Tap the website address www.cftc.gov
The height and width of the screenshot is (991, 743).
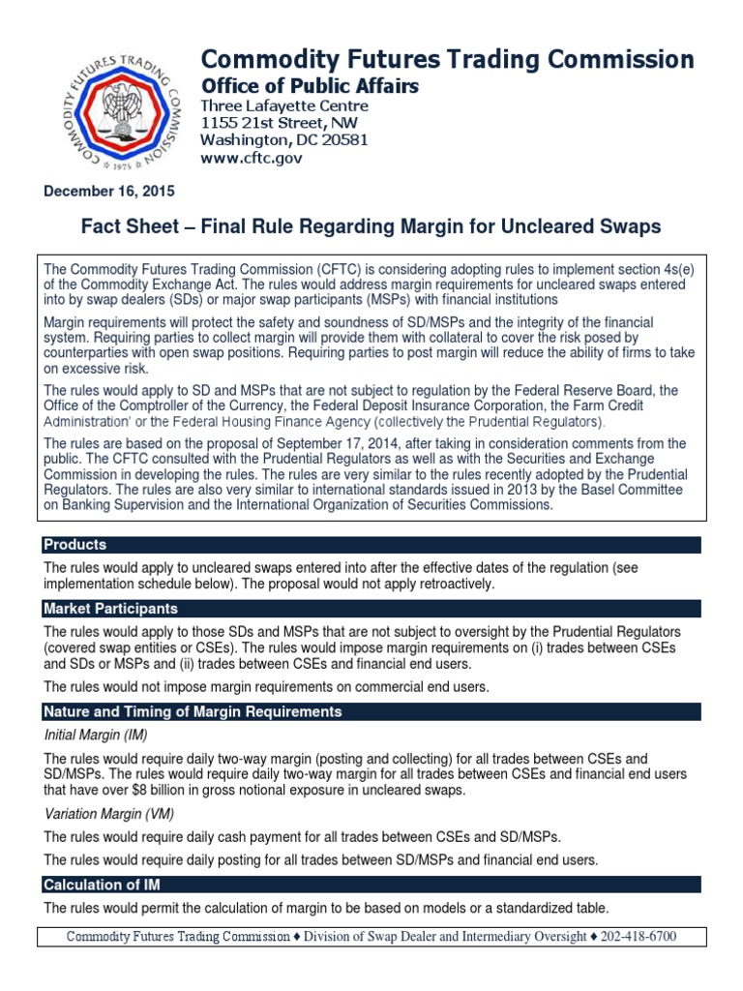(251, 157)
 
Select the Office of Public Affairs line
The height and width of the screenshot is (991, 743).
(309, 87)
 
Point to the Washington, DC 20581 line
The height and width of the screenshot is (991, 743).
(272, 139)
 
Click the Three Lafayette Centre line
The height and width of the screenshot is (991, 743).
(283, 105)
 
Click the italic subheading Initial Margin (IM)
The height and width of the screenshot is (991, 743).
(95, 736)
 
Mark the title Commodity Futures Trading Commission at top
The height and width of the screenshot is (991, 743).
(446, 59)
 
